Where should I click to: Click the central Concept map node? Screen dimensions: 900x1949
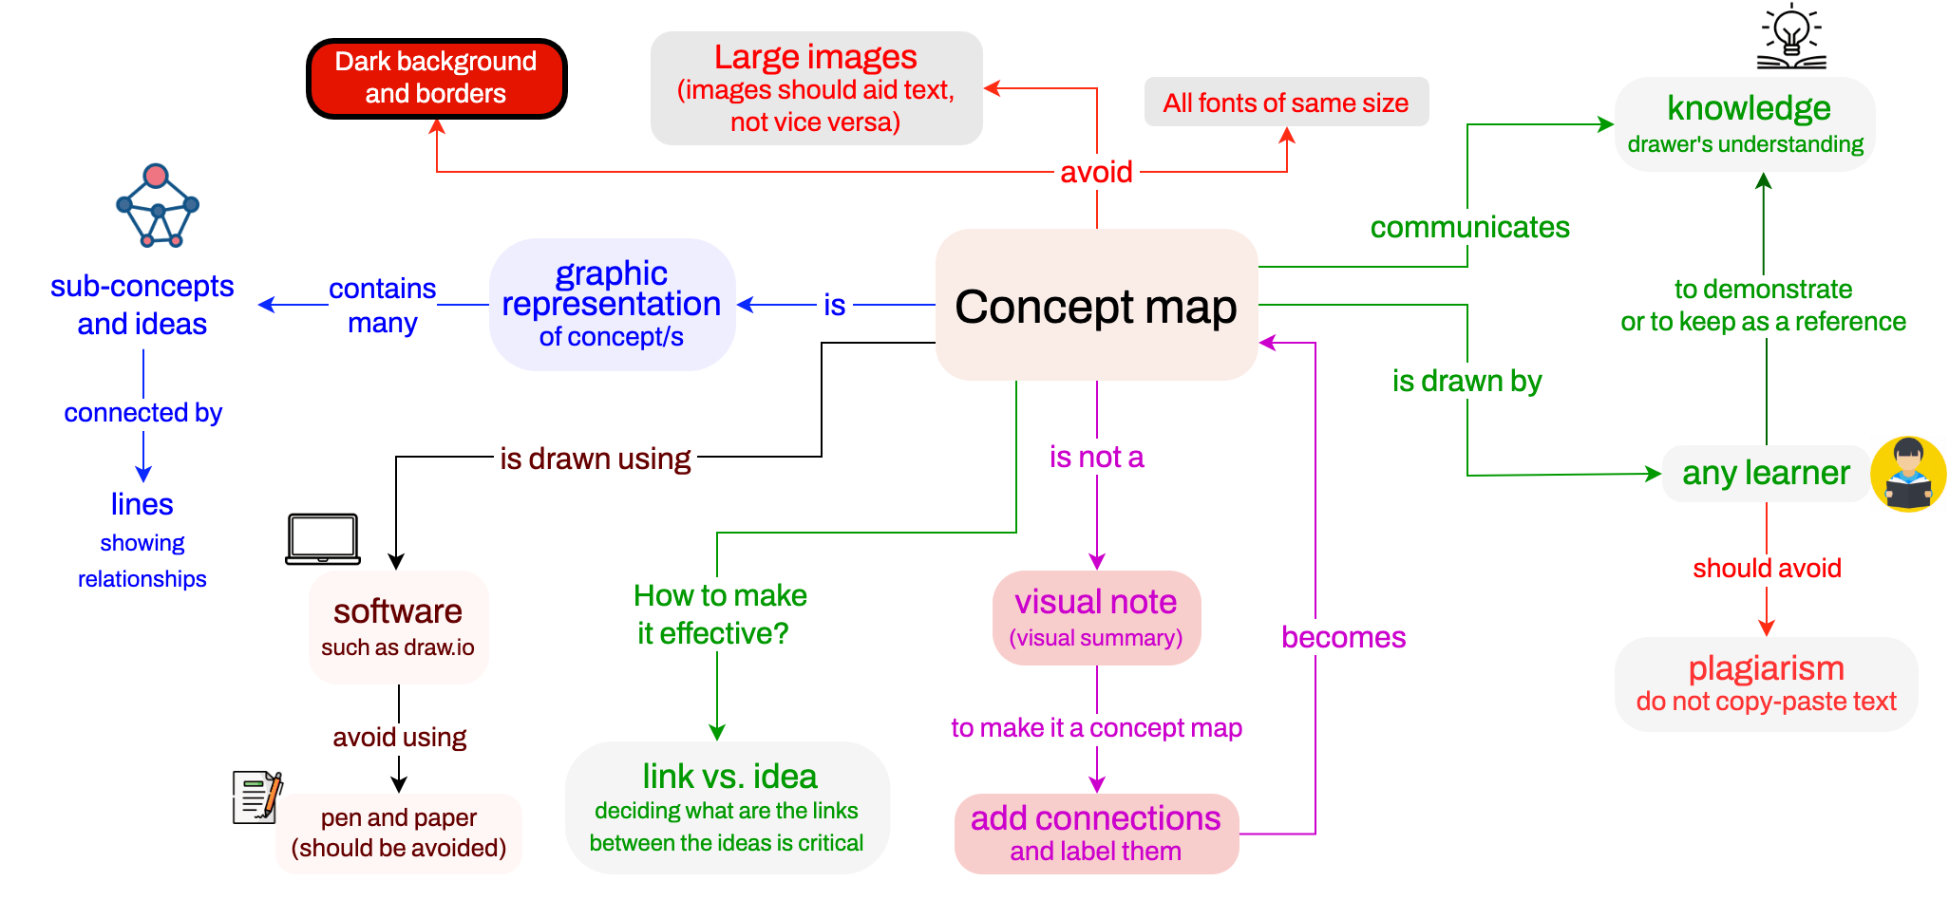[x=1096, y=306]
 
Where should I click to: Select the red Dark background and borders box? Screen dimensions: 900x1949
[x=436, y=78]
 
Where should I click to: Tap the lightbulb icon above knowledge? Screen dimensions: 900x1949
[x=1791, y=36]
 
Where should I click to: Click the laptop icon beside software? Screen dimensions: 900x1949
[x=323, y=539]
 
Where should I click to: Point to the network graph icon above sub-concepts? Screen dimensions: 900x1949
[x=158, y=206]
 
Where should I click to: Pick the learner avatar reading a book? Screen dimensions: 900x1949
[x=1908, y=474]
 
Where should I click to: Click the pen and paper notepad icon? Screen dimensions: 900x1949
[x=257, y=797]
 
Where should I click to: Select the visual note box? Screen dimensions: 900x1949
[x=1096, y=618]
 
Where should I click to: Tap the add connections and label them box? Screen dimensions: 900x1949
[x=1096, y=833]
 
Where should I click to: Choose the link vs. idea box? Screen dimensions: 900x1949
[x=728, y=807]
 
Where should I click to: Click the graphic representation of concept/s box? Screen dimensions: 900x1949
[x=612, y=305]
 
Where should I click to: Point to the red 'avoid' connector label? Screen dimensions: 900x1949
[x=1096, y=172]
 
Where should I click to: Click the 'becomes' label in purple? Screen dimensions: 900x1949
[x=1343, y=637]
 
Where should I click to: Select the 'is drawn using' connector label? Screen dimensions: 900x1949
[x=596, y=459]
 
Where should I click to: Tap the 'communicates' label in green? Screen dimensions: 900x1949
[x=1469, y=227]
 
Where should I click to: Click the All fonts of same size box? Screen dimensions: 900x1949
[x=1286, y=103]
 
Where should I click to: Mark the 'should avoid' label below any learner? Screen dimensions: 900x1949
[x=1767, y=568]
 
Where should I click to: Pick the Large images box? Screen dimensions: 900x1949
[x=816, y=88]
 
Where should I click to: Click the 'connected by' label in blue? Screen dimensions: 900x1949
[x=143, y=413]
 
